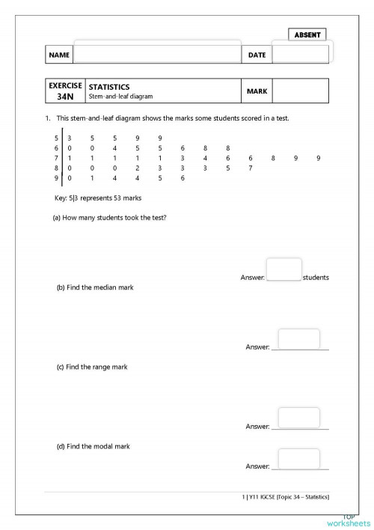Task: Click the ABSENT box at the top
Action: (307, 35)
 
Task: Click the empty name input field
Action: (157, 54)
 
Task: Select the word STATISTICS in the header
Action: (109, 87)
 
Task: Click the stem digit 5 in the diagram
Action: (56, 138)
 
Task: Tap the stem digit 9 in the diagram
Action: (56, 178)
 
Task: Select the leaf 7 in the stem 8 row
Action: (251, 168)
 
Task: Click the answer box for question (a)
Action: (284, 269)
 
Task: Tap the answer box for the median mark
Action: (298, 339)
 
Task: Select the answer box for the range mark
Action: (298, 418)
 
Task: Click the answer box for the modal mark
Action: (298, 458)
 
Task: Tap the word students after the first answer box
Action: (316, 278)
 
